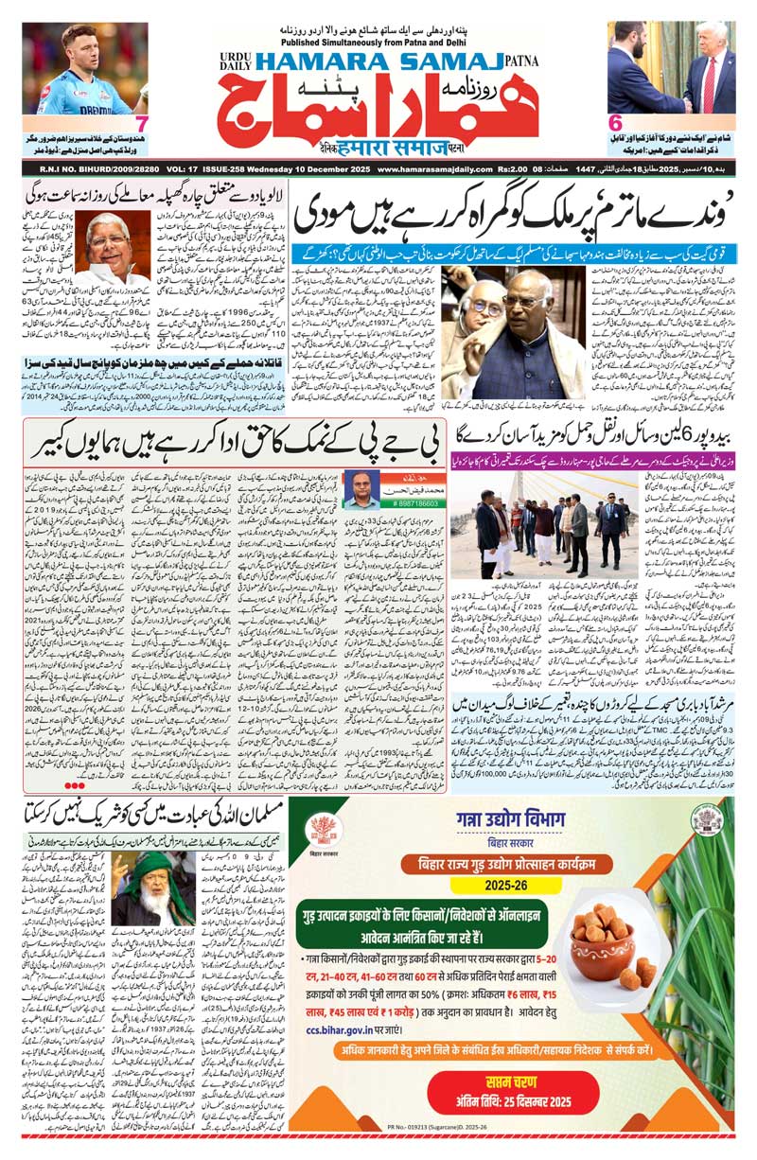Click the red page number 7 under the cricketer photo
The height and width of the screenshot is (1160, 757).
pos(140,123)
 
